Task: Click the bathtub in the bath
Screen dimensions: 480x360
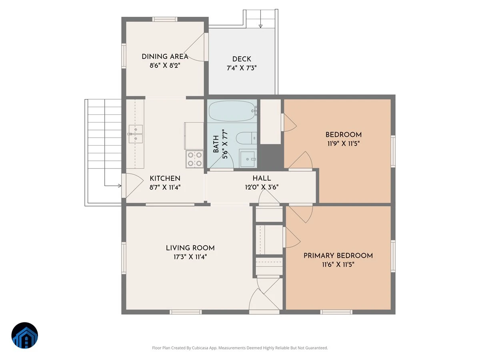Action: pyautogui.click(x=232, y=111)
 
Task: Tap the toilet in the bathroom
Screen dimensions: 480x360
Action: pyautogui.click(x=246, y=138)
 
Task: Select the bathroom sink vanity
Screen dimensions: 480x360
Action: pyautogui.click(x=248, y=158)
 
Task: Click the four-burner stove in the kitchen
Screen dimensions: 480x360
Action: pyautogui.click(x=195, y=159)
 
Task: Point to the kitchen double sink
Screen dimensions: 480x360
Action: pyautogui.click(x=136, y=134)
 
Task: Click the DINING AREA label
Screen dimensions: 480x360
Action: pyautogui.click(x=165, y=57)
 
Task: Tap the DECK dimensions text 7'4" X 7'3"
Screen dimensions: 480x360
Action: pyautogui.click(x=242, y=68)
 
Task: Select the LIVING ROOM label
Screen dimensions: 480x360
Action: pyautogui.click(x=190, y=248)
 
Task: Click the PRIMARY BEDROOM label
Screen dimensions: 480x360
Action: pyautogui.click(x=338, y=256)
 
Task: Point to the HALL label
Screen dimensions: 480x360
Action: pyautogui.click(x=262, y=178)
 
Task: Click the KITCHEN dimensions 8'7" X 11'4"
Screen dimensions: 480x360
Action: pyautogui.click(x=165, y=187)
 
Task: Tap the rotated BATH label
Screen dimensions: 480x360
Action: pyautogui.click(x=216, y=144)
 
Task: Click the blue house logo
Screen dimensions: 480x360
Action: pyautogui.click(x=25, y=335)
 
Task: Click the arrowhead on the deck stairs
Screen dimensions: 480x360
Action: pyautogui.click(x=260, y=26)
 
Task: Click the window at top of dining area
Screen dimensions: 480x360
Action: pyautogui.click(x=165, y=19)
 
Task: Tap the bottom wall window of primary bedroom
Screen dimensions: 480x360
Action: pyautogui.click(x=336, y=312)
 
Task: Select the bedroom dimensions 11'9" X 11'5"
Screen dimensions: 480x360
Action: pyautogui.click(x=344, y=144)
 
